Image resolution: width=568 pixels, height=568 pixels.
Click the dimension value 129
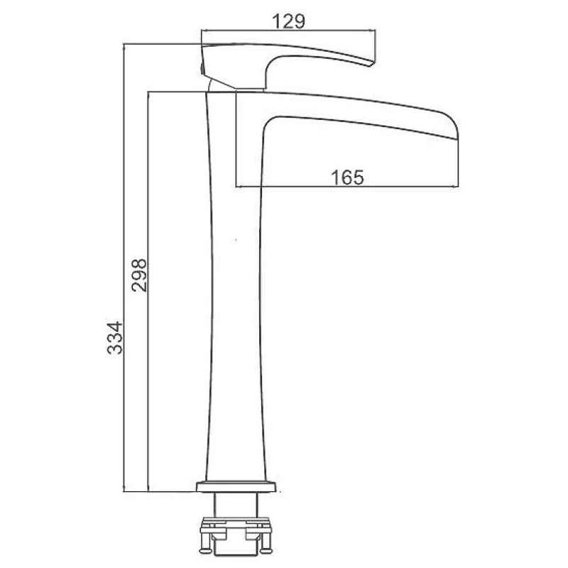(289, 21)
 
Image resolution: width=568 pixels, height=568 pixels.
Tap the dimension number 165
(347, 177)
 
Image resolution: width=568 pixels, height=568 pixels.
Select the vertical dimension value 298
(139, 275)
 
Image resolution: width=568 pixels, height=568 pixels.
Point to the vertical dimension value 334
(115, 338)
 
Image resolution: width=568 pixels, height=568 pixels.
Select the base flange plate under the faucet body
(236, 486)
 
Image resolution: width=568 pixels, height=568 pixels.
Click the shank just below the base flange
(236, 506)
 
